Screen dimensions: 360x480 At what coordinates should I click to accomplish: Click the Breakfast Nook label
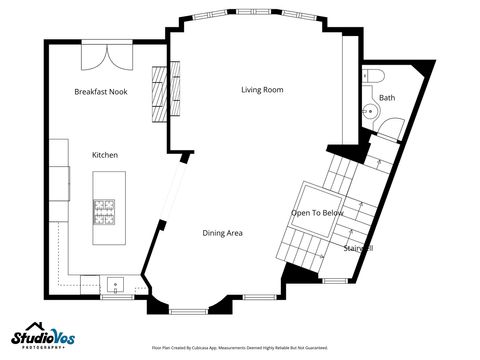101,91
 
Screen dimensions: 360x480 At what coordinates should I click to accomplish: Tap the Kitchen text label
106,155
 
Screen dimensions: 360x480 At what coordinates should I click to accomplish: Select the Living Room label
262,90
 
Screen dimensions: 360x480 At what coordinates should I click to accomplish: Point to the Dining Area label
222,233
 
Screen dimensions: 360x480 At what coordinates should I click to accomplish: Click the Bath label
387,97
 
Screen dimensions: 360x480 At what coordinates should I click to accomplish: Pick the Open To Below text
317,213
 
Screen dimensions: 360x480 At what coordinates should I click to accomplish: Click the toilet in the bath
376,76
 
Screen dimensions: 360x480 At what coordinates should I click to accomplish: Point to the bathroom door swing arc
392,128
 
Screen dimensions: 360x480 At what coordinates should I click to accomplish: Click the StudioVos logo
44,336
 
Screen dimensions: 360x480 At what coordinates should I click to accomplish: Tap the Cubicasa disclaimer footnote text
239,348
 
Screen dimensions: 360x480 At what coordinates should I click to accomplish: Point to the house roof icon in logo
35,325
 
